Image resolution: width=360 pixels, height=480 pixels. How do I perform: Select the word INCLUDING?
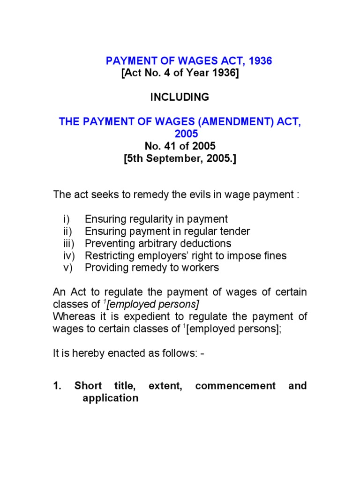pos(180,97)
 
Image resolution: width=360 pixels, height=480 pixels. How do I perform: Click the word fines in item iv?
pos(274,256)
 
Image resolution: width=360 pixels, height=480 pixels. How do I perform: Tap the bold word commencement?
pos(235,386)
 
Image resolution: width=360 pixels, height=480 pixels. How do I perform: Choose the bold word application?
pos(111,398)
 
